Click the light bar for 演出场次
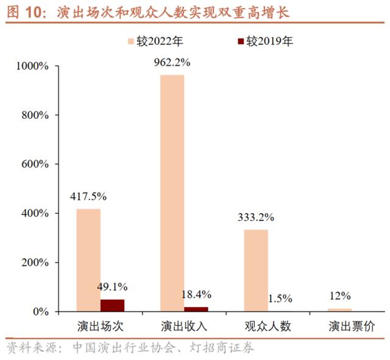pos(88,260)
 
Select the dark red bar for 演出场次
pos(112,306)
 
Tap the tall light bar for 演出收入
pos(172,193)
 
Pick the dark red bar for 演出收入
pos(196,309)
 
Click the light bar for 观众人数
pos(256,270)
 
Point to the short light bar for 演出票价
pos(340,310)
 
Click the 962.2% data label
pos(172,62)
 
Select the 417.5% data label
pos(89,196)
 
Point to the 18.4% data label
pos(196,294)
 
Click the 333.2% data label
pos(257,217)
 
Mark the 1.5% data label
pos(280,298)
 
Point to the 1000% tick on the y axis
pos(35,66)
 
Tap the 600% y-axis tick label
pos(38,164)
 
